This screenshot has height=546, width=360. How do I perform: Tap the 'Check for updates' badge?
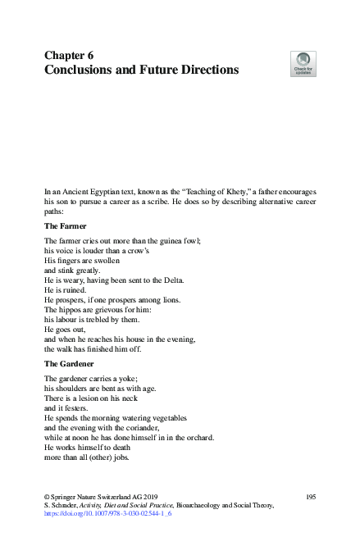click(x=303, y=64)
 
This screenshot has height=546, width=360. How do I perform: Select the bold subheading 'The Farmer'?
click(x=66, y=225)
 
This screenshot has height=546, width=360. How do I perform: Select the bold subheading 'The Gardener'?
click(x=71, y=362)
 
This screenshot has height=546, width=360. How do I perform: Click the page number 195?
click(x=310, y=498)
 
